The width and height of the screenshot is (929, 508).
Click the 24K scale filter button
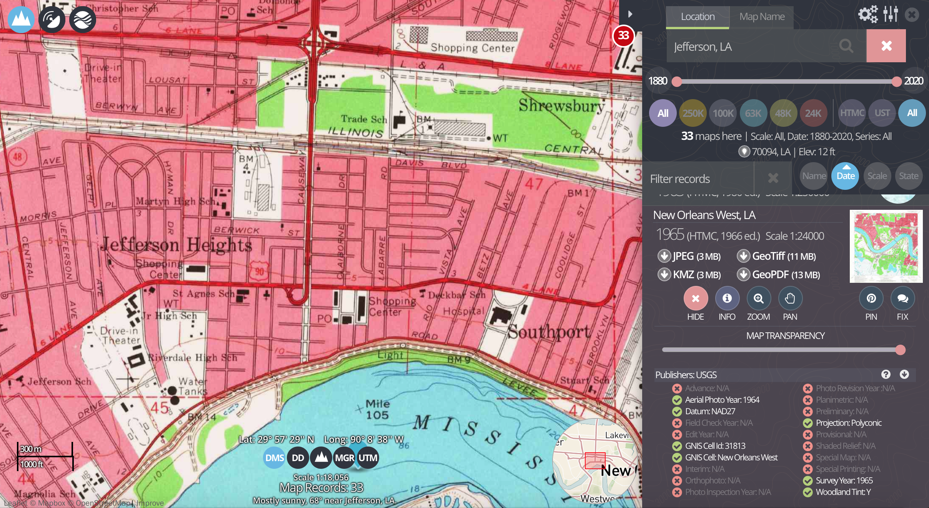[x=813, y=113]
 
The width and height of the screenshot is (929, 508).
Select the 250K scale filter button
[x=693, y=113]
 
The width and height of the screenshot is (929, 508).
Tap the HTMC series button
[x=852, y=113]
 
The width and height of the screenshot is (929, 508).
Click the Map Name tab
[x=762, y=17]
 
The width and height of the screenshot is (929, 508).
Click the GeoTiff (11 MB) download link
[x=777, y=256]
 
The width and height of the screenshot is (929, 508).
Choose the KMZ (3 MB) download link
[x=690, y=275]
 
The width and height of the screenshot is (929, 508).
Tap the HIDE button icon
[x=695, y=299]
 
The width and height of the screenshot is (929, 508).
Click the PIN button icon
[x=871, y=299]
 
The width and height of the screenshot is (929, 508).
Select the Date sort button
[x=845, y=176]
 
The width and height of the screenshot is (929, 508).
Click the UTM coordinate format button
[x=368, y=458]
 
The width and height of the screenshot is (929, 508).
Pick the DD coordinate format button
[x=298, y=458]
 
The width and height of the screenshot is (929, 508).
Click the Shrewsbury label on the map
[x=561, y=105]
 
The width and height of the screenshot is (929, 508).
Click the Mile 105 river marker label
[x=378, y=409]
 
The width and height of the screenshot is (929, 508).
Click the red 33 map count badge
[x=623, y=36]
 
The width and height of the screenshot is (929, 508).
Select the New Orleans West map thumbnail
[x=886, y=246]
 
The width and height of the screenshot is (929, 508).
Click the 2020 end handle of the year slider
[x=897, y=81]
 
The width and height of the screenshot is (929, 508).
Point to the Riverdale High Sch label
[x=193, y=358]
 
